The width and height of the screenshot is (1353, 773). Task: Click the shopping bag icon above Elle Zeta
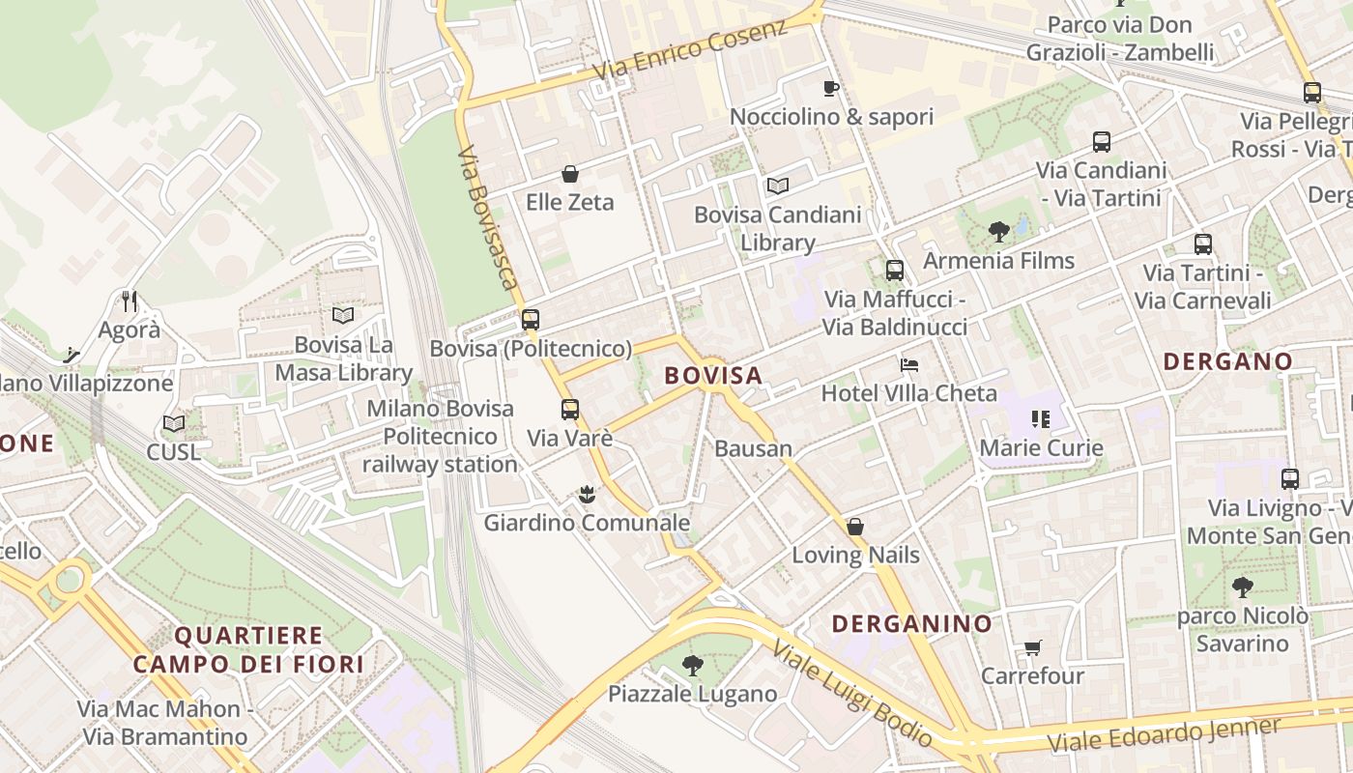[570, 174]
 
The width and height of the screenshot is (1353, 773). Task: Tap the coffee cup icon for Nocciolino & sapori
[830, 89]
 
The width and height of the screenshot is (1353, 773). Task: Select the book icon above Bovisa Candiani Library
[777, 186]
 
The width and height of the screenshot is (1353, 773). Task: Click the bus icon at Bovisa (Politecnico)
[530, 320]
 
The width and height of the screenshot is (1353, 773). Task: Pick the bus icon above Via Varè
[570, 410]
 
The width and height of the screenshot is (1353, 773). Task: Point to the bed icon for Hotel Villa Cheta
[908, 365]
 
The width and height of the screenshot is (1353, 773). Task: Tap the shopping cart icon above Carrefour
[1032, 647]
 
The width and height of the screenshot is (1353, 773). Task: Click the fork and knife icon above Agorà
[130, 301]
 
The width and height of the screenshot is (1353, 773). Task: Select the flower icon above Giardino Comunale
[586, 495]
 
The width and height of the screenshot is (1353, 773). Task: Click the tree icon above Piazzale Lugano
[692, 665]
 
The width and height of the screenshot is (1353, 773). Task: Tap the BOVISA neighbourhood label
[713, 375]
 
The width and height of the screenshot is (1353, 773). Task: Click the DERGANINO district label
[911, 623]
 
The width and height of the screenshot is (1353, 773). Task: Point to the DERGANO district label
[1227, 361]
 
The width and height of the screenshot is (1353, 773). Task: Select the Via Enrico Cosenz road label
[690, 51]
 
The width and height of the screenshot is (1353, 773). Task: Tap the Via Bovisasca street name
[488, 218]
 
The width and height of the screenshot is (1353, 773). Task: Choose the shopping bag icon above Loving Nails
[854, 527]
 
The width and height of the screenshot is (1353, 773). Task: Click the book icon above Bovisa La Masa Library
[343, 315]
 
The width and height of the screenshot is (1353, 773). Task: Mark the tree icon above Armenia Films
[998, 232]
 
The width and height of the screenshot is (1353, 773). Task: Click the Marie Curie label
[1041, 447]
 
